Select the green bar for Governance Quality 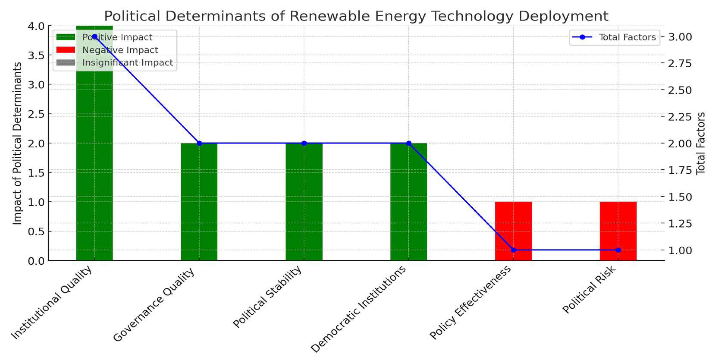coord(199,202)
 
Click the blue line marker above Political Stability coord(304,143)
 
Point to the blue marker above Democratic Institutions coord(409,143)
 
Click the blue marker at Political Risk coord(618,250)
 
